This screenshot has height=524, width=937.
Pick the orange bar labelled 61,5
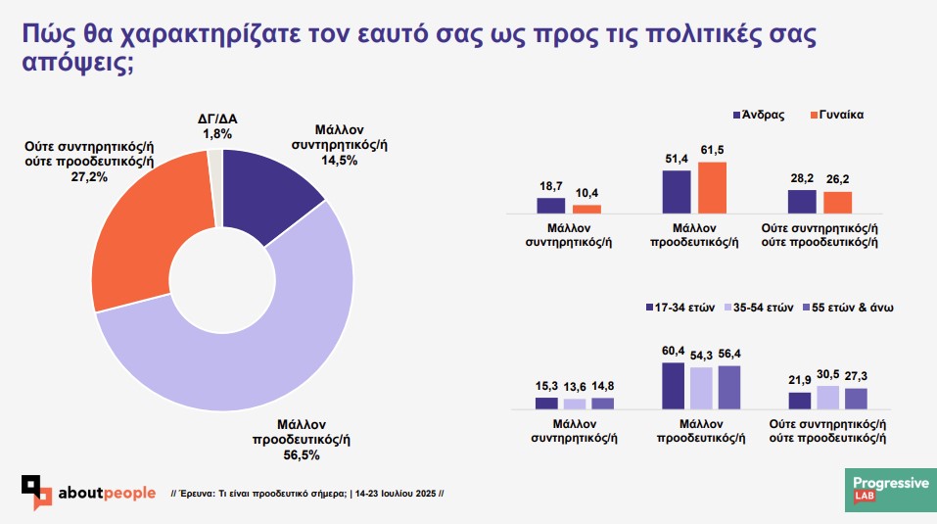(x=712, y=187)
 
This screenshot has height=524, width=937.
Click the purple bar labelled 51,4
(x=677, y=191)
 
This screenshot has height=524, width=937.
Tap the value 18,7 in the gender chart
(x=551, y=185)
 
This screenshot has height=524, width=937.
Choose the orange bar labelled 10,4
(x=586, y=208)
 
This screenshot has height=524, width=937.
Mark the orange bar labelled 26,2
(x=837, y=202)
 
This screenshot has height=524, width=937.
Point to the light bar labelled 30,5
(x=828, y=397)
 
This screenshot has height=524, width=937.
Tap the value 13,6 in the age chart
(x=575, y=386)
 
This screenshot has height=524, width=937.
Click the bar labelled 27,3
(x=856, y=398)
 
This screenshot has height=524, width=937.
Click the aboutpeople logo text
(x=107, y=492)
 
